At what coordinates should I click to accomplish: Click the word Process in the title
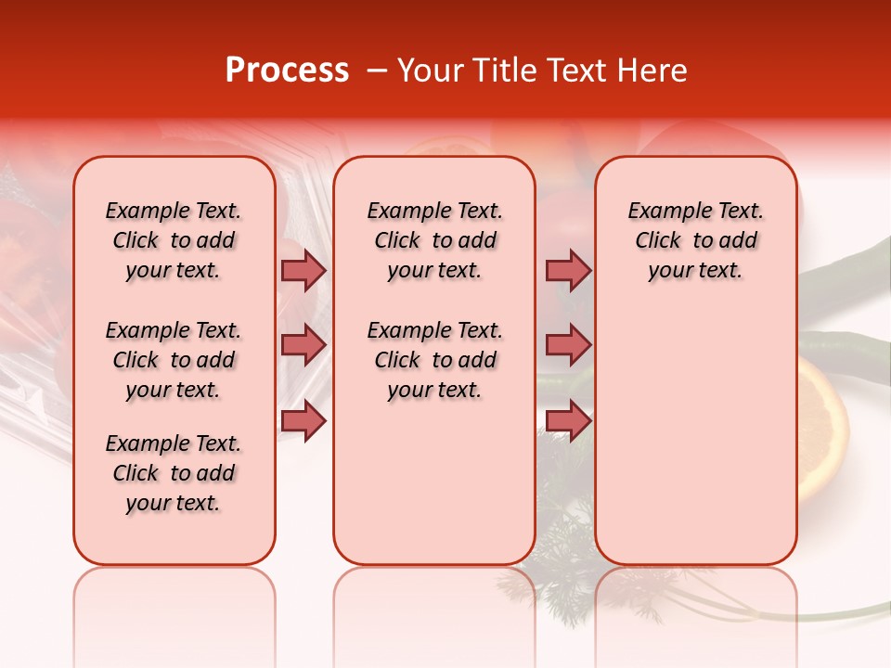tap(286, 71)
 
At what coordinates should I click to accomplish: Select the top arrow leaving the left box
tap(303, 271)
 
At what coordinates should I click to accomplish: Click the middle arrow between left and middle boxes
tap(303, 345)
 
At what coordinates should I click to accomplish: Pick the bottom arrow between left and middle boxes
tap(303, 421)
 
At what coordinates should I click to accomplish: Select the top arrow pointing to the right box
tap(568, 271)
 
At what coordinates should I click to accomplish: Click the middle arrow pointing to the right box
tap(568, 345)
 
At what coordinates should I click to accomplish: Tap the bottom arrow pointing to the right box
tap(568, 421)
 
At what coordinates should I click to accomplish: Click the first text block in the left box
tap(174, 240)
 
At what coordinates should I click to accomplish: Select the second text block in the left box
tap(174, 360)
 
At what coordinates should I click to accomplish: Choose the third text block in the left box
tap(174, 473)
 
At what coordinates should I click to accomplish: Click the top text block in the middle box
tap(434, 240)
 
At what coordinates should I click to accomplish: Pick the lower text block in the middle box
tap(434, 360)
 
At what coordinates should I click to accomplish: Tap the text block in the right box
tap(695, 240)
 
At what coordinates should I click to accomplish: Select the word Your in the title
tap(430, 71)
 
